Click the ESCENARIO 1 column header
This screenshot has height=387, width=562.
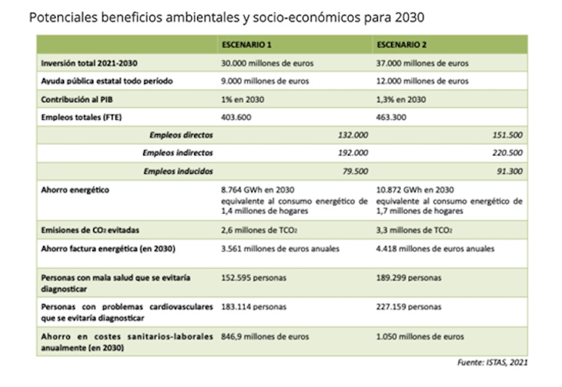(244, 45)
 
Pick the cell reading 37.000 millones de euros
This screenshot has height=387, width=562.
(426, 63)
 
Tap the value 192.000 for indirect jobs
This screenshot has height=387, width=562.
(352, 152)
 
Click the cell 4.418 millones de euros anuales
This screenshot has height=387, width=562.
(436, 249)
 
